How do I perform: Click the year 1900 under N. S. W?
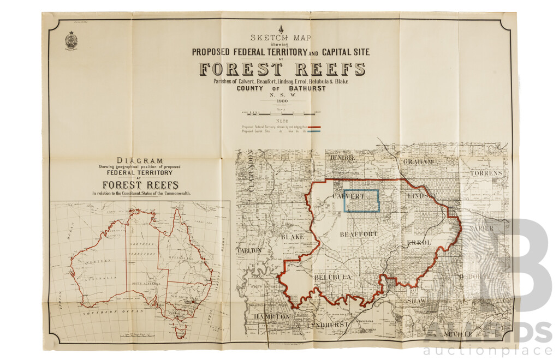(x=282, y=101)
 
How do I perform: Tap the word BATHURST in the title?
(x=306, y=88)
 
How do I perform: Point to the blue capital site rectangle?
(x=361, y=200)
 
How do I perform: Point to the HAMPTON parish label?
(x=271, y=317)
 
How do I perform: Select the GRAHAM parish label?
(x=419, y=162)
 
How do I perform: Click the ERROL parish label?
(x=435, y=242)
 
